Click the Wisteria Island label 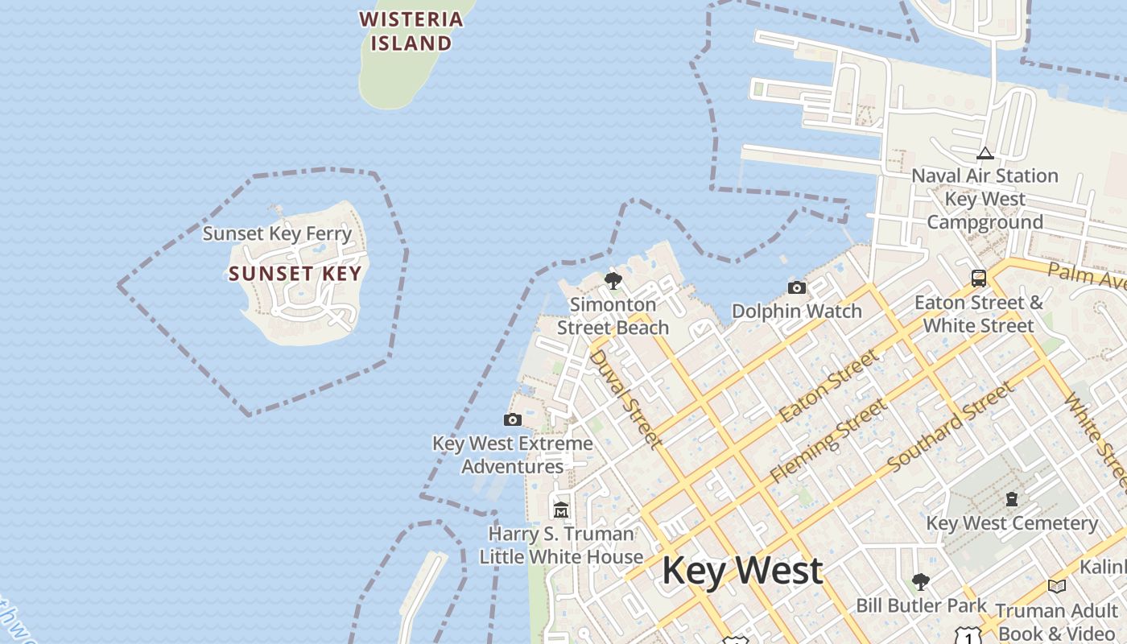click(411, 31)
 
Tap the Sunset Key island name click(295, 274)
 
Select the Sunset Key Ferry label click(277, 234)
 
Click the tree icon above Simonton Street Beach click(613, 281)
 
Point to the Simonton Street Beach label click(613, 316)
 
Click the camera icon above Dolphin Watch click(796, 287)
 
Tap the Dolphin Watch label click(796, 311)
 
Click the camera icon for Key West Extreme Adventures click(512, 419)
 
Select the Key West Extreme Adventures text click(513, 455)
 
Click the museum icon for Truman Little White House click(561, 510)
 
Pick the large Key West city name click(741, 571)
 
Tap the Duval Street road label click(625, 398)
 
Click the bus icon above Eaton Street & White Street click(979, 279)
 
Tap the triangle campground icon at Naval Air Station click(985, 153)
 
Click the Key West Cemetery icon click(1012, 500)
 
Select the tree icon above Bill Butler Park click(921, 581)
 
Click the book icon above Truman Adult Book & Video click(1056, 587)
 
